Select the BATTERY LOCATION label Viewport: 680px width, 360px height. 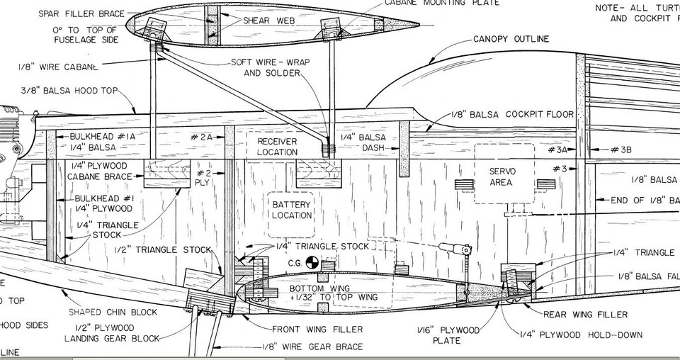click(x=291, y=210)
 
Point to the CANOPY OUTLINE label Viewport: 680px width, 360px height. click(x=511, y=39)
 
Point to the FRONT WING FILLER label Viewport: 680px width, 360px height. click(x=317, y=329)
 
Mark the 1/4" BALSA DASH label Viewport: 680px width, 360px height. click(x=363, y=142)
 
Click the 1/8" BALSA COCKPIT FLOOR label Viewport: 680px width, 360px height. click(x=512, y=114)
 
